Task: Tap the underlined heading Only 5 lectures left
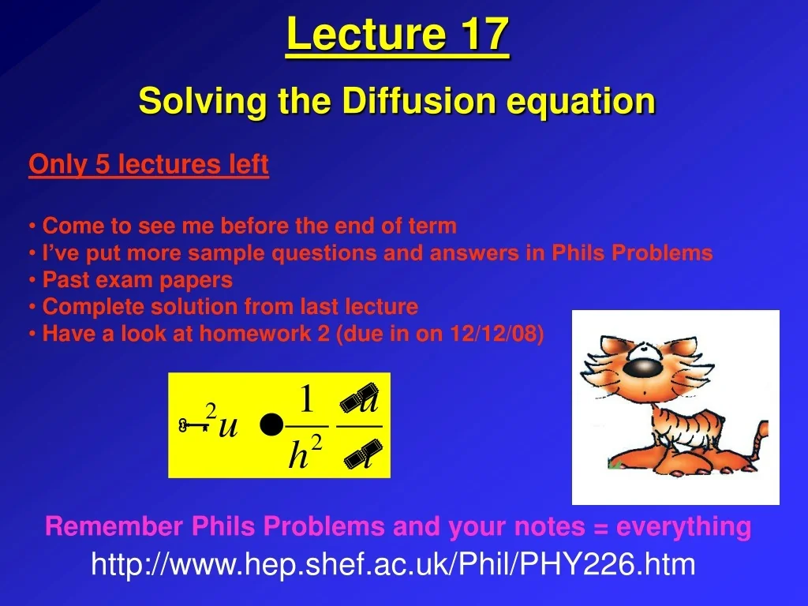(x=148, y=165)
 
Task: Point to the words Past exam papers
(x=137, y=280)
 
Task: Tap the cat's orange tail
(x=761, y=434)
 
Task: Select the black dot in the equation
(x=271, y=426)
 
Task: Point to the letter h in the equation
(x=297, y=455)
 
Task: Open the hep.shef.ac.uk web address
(x=393, y=564)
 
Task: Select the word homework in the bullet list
(x=256, y=334)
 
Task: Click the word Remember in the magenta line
(x=114, y=526)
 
